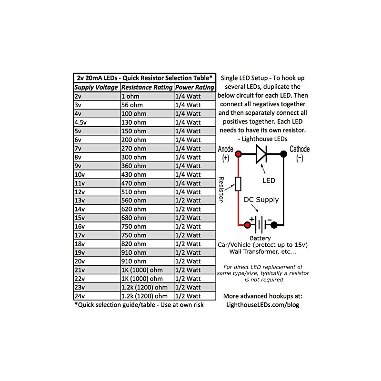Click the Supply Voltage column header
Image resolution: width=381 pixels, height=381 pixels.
pyautogui.click(x=96, y=88)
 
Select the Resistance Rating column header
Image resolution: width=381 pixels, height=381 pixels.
pyautogui.click(x=147, y=88)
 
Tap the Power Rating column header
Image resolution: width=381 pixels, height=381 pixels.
pyautogui.click(x=194, y=88)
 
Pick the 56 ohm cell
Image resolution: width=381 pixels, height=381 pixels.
pyautogui.click(x=133, y=105)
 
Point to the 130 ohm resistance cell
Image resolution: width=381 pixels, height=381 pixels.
pyautogui.click(x=134, y=122)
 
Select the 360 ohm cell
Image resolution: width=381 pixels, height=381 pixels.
pyautogui.click(x=134, y=166)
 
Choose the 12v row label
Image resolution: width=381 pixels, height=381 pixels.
pyautogui.click(x=79, y=192)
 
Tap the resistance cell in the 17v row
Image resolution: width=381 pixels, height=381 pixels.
pyautogui.click(x=134, y=235)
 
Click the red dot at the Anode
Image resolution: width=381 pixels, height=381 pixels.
pyautogui.click(x=239, y=154)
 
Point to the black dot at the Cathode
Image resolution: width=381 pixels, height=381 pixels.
pyautogui.click(x=284, y=154)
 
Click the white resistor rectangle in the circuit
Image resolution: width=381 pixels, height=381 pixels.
pyautogui.click(x=239, y=184)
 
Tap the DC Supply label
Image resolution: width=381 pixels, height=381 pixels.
pyautogui.click(x=261, y=200)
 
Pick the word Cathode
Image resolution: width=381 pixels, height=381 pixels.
pyautogui.click(x=300, y=149)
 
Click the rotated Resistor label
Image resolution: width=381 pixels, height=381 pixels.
pyautogui.click(x=222, y=190)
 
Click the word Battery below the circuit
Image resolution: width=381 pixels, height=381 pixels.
pyautogui.click(x=260, y=238)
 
